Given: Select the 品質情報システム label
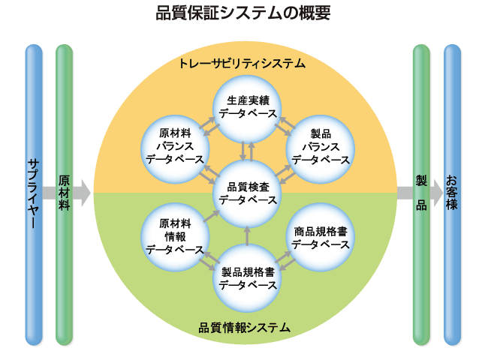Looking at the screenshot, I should pyautogui.click(x=245, y=328).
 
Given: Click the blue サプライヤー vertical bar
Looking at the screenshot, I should pyautogui.click(x=34, y=193).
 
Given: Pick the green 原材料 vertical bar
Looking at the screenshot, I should pyautogui.click(x=65, y=193).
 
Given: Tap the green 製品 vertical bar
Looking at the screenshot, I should pyautogui.click(x=421, y=193).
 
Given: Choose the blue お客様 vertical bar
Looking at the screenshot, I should pyautogui.click(x=452, y=193).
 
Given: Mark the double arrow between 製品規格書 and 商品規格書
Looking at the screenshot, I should pyautogui.click(x=284, y=259).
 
